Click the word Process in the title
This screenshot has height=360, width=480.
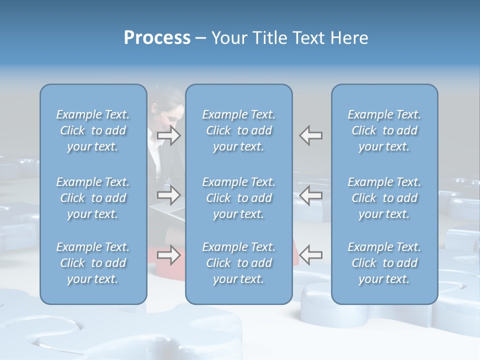click(157, 38)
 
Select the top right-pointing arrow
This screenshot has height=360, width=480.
click(168, 135)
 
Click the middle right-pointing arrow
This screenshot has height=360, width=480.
click(168, 195)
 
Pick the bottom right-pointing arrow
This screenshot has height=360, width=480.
click(168, 255)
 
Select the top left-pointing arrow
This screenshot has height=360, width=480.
click(311, 135)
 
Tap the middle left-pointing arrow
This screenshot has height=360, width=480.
click(311, 195)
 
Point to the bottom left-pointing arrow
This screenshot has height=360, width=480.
click(311, 255)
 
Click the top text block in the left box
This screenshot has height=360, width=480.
click(93, 130)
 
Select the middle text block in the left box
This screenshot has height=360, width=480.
click(93, 198)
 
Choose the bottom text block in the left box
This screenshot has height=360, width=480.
click(93, 263)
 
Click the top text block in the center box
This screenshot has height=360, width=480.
click(238, 130)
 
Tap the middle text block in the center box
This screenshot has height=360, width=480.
click(238, 198)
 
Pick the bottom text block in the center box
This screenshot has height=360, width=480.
click(238, 263)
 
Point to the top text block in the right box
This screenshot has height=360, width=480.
click(384, 130)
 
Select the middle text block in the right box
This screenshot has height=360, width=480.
click(384, 198)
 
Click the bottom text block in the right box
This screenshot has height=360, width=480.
click(384, 263)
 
